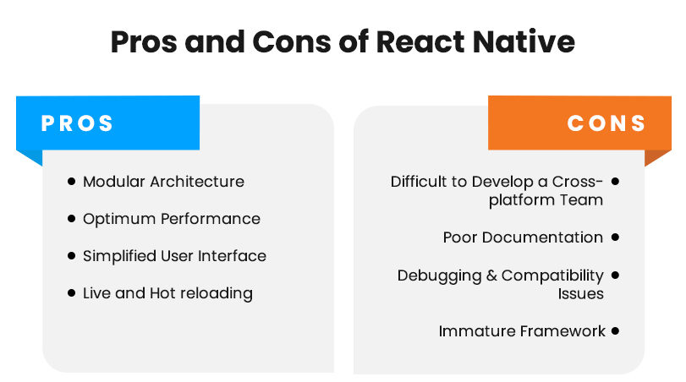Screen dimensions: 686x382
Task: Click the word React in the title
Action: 420,42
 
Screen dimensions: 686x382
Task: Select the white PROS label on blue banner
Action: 77,123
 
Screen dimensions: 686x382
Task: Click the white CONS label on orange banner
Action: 606,123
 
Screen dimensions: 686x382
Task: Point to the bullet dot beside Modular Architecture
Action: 72,181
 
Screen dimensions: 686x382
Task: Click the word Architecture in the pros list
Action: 197,182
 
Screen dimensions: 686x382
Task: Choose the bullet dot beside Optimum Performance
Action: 72,218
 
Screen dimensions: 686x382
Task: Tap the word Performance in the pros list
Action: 211,219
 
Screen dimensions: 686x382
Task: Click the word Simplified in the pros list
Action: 119,256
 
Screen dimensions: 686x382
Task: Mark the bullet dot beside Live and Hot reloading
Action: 72,292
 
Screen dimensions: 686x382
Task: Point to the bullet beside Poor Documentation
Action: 615,237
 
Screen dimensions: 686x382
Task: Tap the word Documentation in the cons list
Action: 542,237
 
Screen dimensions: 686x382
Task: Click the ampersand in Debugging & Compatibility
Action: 491,276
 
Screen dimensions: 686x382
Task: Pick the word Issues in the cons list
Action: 580,294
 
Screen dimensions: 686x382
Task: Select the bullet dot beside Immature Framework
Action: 615,330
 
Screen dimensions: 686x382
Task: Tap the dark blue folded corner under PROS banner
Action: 31,157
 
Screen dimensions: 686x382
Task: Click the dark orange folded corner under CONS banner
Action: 656,157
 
